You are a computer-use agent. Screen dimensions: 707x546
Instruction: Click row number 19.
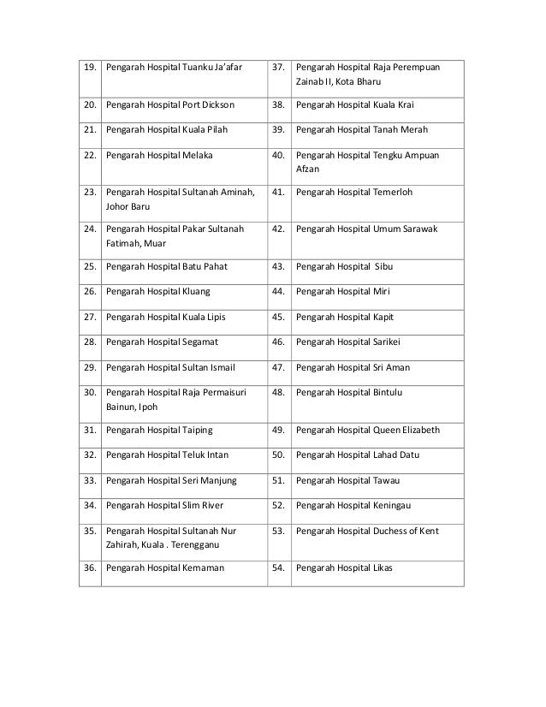[88, 67]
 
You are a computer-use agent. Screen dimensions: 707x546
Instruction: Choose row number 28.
[88, 342]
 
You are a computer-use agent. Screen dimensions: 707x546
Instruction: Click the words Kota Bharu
[361, 81]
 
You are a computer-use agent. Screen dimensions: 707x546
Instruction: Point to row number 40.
[278, 157]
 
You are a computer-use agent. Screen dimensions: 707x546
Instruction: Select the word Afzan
[308, 169]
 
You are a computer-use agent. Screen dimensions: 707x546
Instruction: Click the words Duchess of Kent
[407, 532]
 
